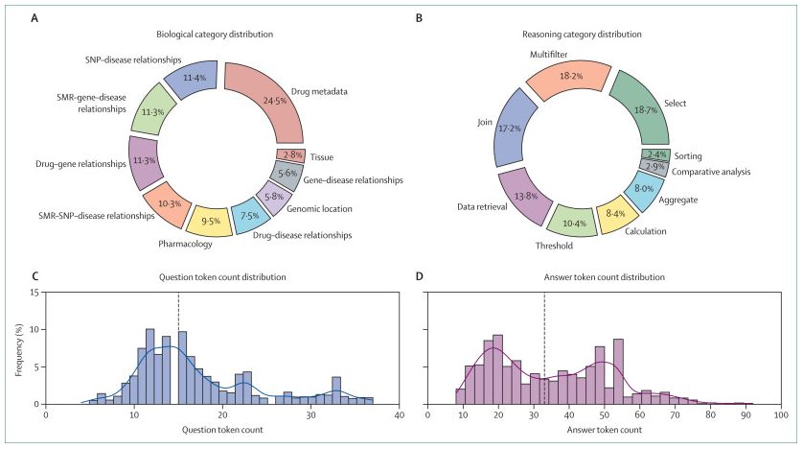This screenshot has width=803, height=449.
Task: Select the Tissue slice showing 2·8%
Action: point(290,154)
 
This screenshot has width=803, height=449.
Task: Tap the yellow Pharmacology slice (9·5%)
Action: point(211,220)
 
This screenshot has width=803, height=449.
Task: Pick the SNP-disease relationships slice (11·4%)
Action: point(193,78)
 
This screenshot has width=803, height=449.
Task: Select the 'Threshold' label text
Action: point(555,246)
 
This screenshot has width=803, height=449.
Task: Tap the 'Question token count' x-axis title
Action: point(222,430)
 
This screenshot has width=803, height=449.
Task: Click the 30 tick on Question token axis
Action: point(310,415)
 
